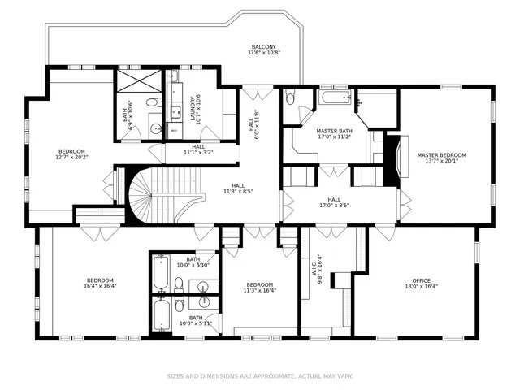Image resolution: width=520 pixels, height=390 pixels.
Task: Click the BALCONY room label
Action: [263, 47]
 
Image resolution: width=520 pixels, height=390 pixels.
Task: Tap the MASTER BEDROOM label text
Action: [441, 155]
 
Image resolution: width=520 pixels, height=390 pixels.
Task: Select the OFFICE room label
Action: [422, 280]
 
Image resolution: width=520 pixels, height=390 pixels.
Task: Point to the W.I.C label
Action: [314, 269]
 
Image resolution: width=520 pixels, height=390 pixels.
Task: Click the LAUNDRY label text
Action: [193, 108]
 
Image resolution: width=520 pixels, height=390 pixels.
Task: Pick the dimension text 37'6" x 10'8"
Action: [264, 52]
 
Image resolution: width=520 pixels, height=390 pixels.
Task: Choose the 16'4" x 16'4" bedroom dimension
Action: [100, 285]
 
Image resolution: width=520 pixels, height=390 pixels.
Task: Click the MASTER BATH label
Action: [334, 131]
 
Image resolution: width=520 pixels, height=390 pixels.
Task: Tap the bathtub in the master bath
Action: [335, 97]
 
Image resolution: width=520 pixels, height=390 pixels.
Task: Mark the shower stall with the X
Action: [139, 81]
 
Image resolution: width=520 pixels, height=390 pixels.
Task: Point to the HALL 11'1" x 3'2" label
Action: [198, 149]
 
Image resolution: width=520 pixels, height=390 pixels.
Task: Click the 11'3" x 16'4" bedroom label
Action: [260, 288]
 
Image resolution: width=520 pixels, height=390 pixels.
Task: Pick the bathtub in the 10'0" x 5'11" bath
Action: [162, 314]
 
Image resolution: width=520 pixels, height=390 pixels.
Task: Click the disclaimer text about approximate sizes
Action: [260, 376]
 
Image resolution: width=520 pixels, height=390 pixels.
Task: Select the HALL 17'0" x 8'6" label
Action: [334, 202]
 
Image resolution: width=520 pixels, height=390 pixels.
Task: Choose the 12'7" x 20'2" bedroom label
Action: [71, 154]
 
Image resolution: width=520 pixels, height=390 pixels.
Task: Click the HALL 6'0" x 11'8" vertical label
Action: [253, 119]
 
